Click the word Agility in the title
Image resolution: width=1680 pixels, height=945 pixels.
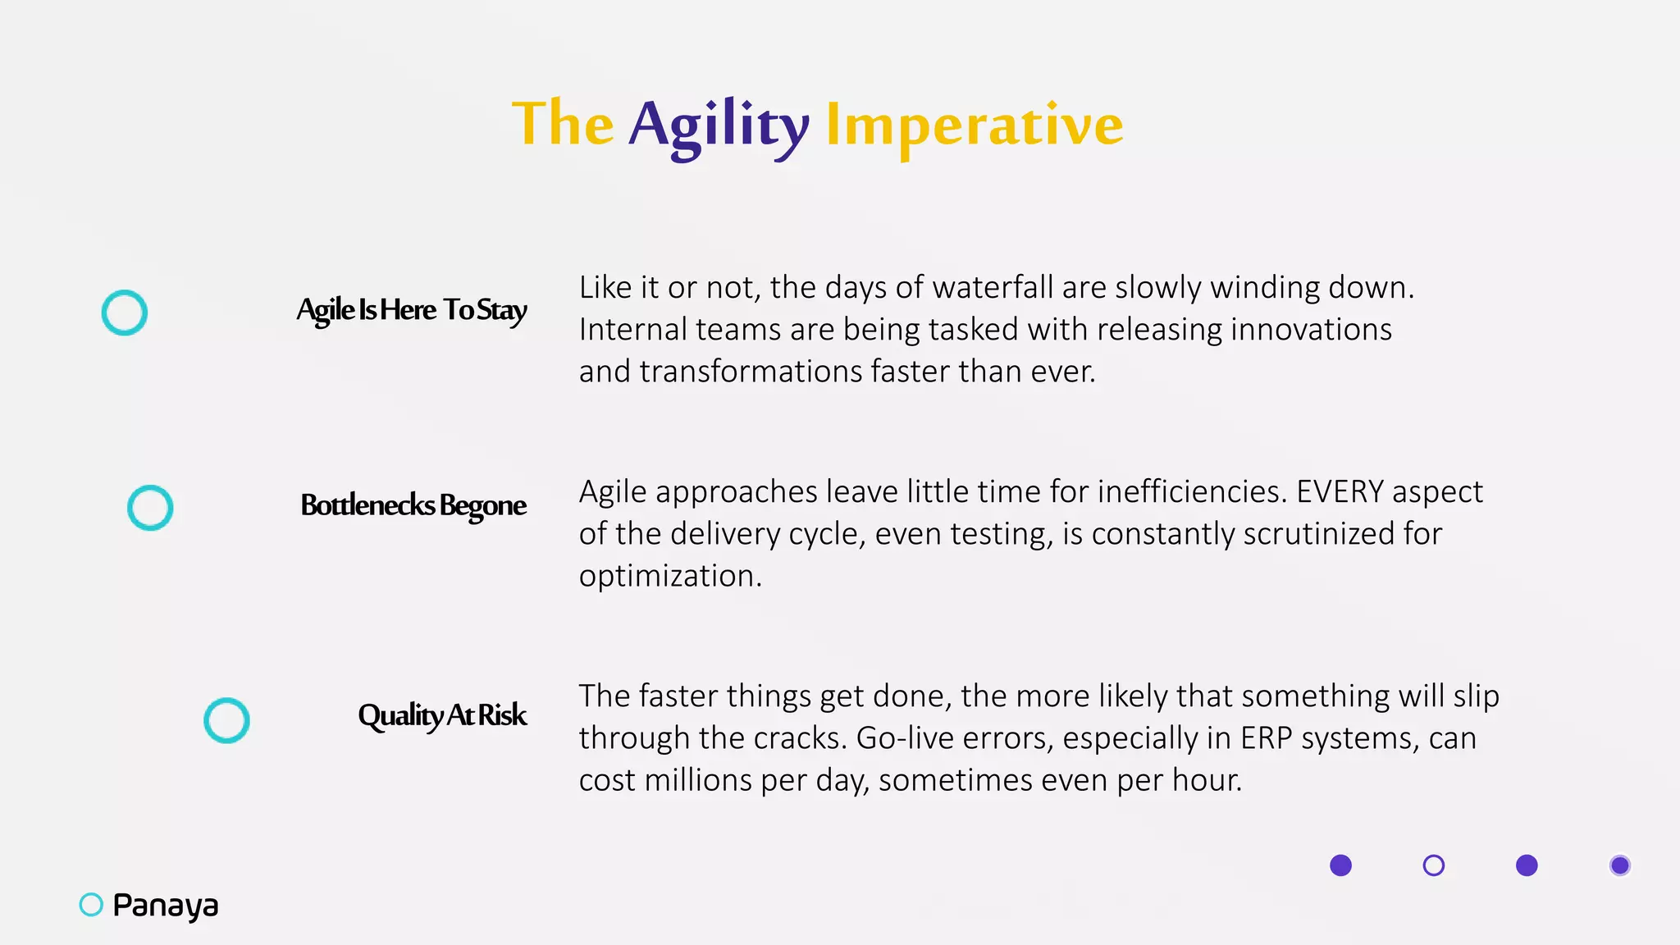click(x=719, y=125)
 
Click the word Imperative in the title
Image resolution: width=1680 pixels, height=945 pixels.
click(x=974, y=125)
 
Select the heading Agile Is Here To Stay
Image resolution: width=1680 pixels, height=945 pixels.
click(x=412, y=310)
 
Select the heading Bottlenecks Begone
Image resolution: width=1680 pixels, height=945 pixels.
click(x=413, y=505)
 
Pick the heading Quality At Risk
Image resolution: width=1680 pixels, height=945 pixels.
click(x=442, y=715)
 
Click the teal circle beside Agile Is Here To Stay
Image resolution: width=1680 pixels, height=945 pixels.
click(x=125, y=313)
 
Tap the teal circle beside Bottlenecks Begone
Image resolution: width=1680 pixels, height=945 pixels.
click(x=150, y=508)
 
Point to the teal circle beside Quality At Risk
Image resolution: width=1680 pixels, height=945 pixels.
click(x=226, y=720)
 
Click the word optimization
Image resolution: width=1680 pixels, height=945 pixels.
click(x=669, y=576)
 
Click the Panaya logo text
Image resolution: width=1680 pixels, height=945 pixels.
click(x=166, y=906)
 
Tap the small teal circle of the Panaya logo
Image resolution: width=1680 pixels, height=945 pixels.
click(x=91, y=905)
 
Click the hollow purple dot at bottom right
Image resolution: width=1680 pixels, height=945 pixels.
click(x=1433, y=865)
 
